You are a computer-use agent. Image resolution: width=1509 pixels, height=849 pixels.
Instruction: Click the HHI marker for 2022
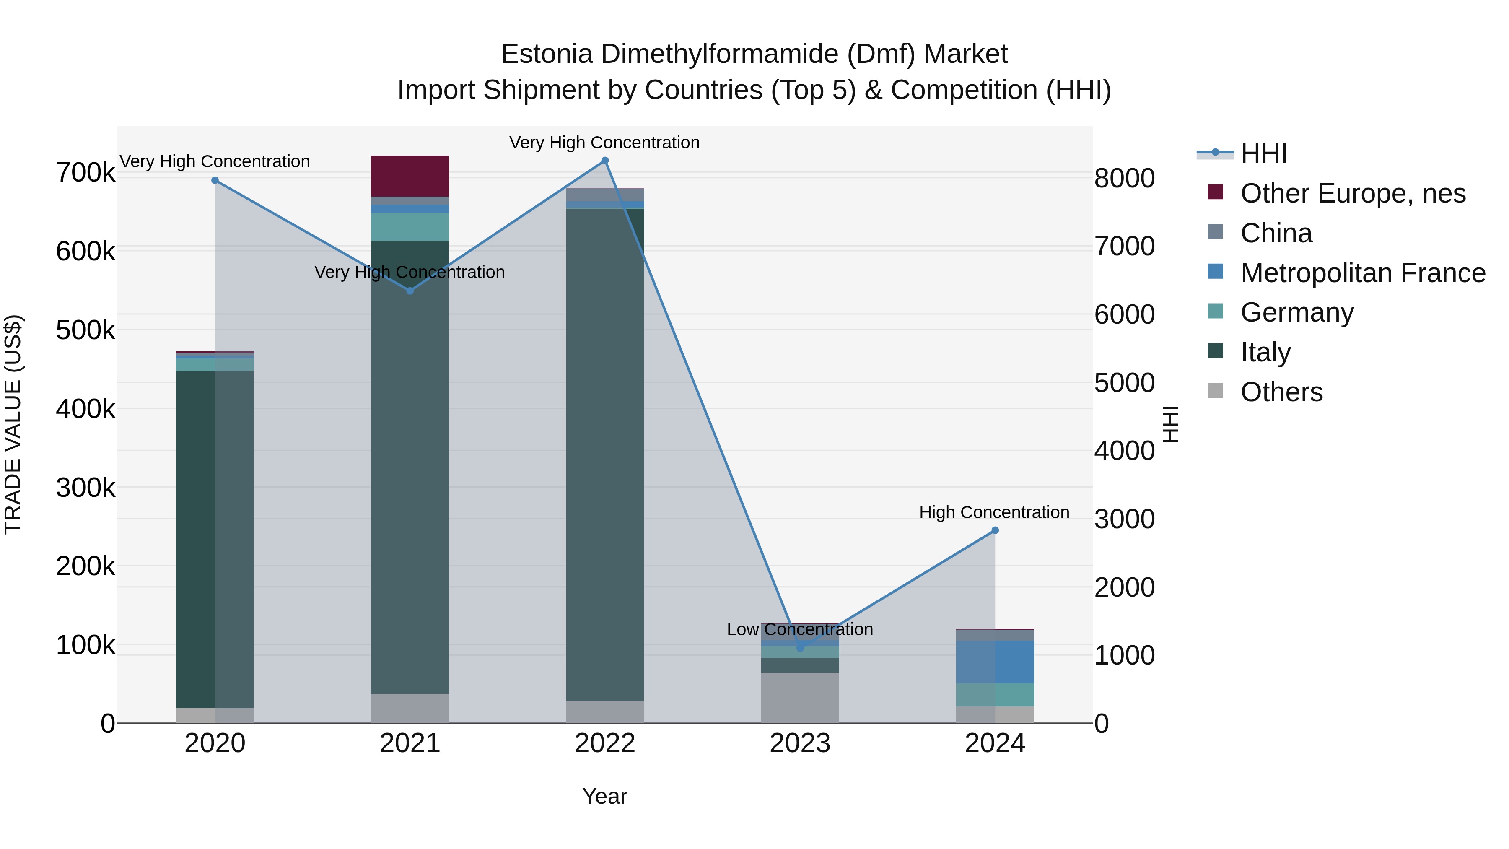click(x=605, y=161)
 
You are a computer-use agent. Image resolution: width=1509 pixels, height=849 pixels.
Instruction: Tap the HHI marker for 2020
click(x=215, y=180)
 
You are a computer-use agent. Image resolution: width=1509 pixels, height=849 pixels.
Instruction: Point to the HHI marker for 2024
click(x=995, y=530)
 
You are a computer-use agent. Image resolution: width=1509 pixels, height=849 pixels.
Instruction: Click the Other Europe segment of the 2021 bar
click(x=410, y=176)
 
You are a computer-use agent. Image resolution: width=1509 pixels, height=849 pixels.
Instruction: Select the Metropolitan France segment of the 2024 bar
click(x=995, y=662)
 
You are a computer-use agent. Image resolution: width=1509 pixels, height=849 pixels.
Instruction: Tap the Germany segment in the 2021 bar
click(x=410, y=227)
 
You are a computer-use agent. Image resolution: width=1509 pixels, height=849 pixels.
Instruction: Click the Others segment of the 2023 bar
click(x=800, y=697)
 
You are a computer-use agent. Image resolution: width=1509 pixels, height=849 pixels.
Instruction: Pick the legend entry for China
click(x=1276, y=233)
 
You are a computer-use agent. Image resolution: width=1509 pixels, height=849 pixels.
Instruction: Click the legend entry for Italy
click(x=1265, y=352)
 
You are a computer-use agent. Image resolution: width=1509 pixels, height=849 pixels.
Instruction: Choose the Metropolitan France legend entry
click(x=1363, y=273)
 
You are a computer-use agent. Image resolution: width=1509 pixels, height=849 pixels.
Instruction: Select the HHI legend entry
click(x=1263, y=153)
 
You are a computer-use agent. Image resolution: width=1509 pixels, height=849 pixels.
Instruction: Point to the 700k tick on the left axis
click(x=86, y=173)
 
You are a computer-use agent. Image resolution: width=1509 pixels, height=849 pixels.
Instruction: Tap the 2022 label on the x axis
click(x=605, y=743)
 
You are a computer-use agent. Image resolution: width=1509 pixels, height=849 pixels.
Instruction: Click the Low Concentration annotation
click(x=800, y=629)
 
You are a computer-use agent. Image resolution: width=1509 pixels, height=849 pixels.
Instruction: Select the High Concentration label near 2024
click(x=994, y=512)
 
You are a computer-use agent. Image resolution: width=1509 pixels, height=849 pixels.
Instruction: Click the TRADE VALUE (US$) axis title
click(x=13, y=424)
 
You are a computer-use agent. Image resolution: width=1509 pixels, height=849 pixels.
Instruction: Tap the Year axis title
click(x=604, y=796)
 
